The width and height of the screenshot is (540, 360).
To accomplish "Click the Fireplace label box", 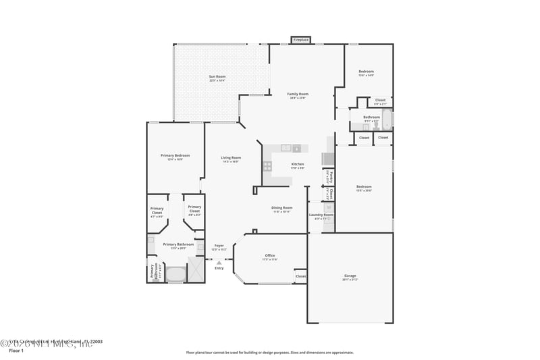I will (x=300, y=40).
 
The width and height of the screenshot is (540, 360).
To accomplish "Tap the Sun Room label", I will (x=217, y=78).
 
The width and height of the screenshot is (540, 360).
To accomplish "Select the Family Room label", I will (x=297, y=95).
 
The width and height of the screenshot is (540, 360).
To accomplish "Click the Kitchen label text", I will (x=297, y=164).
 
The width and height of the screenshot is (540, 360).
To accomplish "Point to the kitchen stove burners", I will (x=268, y=164).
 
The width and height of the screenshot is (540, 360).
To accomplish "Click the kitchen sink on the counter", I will (x=286, y=148).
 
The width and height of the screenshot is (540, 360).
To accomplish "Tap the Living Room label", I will (x=231, y=159).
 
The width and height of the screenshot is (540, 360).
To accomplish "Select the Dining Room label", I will (x=281, y=208).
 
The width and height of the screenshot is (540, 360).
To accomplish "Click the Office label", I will (x=269, y=256).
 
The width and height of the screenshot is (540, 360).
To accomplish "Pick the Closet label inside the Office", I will (x=300, y=276).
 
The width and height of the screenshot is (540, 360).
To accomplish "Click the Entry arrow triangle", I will (x=219, y=263).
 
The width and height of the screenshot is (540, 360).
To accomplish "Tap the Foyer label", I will (x=219, y=246).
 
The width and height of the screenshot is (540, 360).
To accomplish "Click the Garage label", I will (x=350, y=276).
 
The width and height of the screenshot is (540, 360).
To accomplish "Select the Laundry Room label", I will (x=321, y=215).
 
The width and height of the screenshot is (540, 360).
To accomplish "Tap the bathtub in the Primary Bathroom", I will (x=176, y=274).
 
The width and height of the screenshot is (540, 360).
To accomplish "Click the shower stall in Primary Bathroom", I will (x=195, y=270).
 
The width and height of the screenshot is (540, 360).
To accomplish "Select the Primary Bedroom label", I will (x=175, y=156).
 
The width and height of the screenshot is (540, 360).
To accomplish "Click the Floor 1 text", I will (x=16, y=351).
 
